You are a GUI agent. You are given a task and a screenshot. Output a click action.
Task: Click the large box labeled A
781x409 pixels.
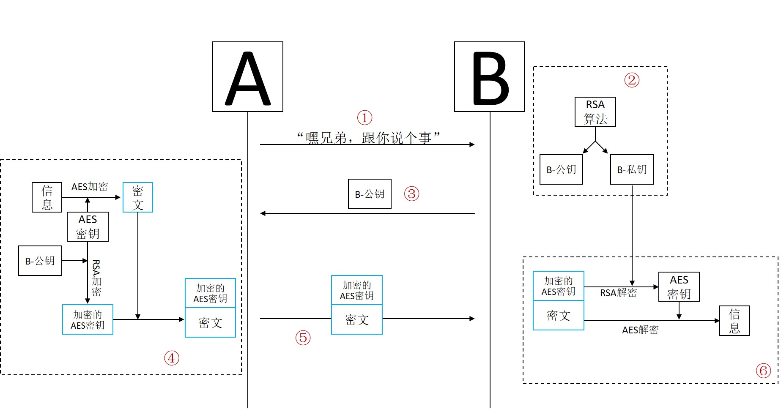[x=248, y=76]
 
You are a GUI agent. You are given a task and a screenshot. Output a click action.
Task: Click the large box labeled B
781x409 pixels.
[x=489, y=76]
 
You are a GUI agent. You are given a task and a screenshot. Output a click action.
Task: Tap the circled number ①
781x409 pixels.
[x=364, y=117]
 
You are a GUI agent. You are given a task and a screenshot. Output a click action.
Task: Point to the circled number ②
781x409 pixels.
[x=632, y=80]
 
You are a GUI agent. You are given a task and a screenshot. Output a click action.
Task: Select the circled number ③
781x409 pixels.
[x=411, y=194]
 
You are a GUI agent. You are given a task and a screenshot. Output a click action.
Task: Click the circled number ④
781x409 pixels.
[x=172, y=358]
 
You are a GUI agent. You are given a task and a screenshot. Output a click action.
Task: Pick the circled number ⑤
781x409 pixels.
[x=303, y=338]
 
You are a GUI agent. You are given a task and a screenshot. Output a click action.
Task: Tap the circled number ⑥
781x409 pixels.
[x=763, y=371]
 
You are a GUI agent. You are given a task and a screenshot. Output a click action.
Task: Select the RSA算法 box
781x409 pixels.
[x=595, y=112]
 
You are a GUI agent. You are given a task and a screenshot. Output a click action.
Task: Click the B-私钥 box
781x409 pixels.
[x=632, y=169]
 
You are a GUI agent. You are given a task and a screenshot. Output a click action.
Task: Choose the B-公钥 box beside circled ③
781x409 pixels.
[x=370, y=194]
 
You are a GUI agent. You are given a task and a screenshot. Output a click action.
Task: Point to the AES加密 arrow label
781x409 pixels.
[x=90, y=187]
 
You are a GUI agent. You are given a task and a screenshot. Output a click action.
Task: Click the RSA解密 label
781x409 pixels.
[x=618, y=293]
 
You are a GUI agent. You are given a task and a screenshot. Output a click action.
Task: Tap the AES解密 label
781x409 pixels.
[x=640, y=330]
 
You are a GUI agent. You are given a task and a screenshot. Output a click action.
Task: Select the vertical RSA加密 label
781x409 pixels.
[x=96, y=278]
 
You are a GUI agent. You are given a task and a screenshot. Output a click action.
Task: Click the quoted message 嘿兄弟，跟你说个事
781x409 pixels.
[x=367, y=137]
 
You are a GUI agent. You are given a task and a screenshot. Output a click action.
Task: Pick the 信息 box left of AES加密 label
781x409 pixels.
[x=47, y=197]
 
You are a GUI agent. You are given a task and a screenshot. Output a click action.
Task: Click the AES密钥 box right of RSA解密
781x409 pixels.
[x=679, y=287]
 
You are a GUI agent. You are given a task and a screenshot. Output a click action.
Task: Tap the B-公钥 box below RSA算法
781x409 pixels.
[x=561, y=169]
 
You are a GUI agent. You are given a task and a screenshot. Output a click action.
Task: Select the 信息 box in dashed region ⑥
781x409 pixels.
[x=734, y=321]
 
